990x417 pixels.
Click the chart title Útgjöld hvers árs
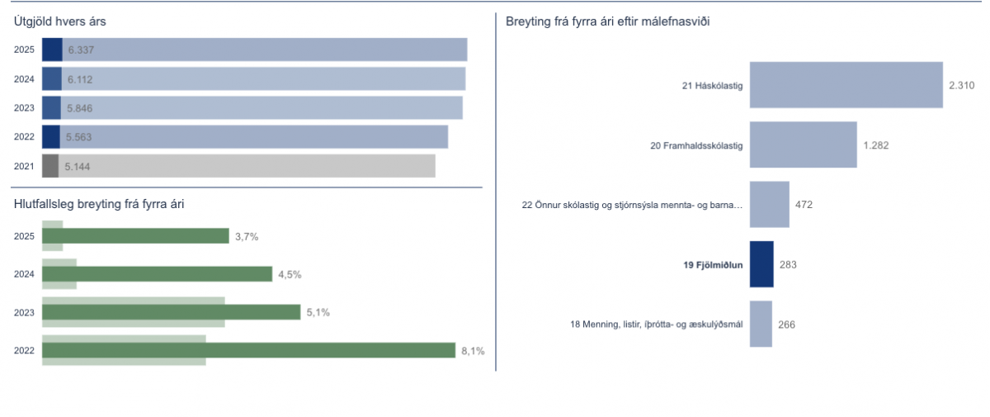[59, 22]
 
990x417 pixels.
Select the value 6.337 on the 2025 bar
[81, 50]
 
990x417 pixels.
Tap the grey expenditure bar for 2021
[247, 166]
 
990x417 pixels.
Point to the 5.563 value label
[79, 137]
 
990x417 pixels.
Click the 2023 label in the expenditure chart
[24, 108]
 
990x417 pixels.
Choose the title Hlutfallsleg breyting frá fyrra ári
[98, 204]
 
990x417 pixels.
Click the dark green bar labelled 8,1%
[248, 351]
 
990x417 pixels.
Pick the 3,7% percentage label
[247, 237]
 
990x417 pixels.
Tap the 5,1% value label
[318, 313]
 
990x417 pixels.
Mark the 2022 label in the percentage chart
[24, 351]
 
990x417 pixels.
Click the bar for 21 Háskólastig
[846, 85]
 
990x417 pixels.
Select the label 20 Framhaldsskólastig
[696, 146]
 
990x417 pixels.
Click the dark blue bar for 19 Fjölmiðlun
[761, 264]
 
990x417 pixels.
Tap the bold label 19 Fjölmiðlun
[713, 265]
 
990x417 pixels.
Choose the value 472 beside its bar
[804, 205]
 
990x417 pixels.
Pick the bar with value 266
[761, 324]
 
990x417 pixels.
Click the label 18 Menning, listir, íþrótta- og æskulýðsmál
[657, 325]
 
